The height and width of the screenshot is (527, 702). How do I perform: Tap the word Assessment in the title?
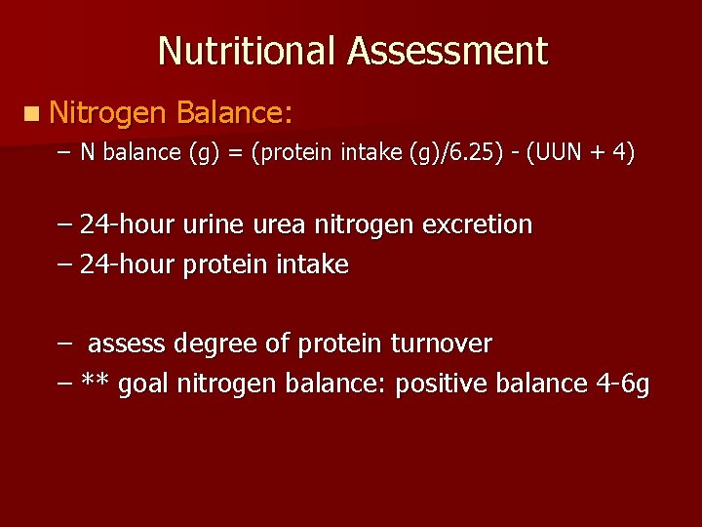(x=448, y=51)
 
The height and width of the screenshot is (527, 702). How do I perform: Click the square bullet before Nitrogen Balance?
(x=34, y=114)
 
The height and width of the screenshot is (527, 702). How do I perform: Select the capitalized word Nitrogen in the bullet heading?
(x=108, y=114)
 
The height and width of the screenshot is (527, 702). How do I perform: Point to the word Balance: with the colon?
(x=234, y=113)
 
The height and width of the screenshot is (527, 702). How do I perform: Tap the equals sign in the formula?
(x=237, y=153)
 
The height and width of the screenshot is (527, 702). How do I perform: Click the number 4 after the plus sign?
(x=620, y=152)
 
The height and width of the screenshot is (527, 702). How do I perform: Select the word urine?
(x=212, y=225)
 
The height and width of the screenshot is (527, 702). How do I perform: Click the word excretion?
(x=477, y=225)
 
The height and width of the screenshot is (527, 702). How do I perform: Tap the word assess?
(x=127, y=345)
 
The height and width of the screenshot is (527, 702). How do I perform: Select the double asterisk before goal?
(x=95, y=383)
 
